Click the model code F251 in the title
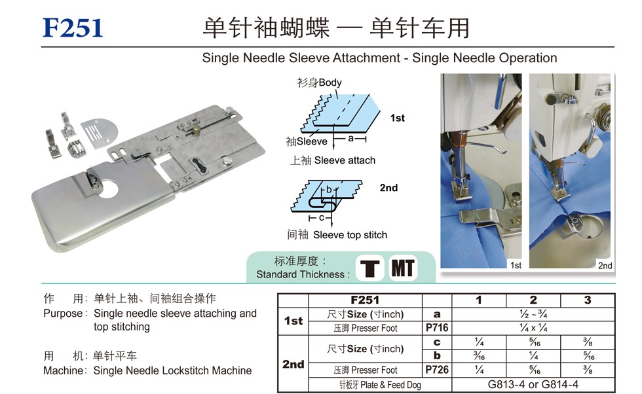coord(73,28)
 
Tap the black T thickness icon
coord(369,268)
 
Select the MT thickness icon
coord(403,268)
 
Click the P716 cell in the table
coord(437,328)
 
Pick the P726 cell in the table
coord(437,370)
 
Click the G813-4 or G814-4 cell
coord(533,385)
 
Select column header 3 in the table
coord(588,300)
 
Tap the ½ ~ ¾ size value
coord(533,314)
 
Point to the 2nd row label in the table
coord(293,364)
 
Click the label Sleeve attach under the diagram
coord(345,160)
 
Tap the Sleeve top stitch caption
coord(350,235)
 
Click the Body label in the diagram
coord(330,82)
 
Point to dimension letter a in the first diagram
coord(351,138)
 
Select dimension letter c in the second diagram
coord(322,218)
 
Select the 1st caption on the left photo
coord(516,265)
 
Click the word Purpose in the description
coord(63,313)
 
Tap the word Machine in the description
coord(64,370)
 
